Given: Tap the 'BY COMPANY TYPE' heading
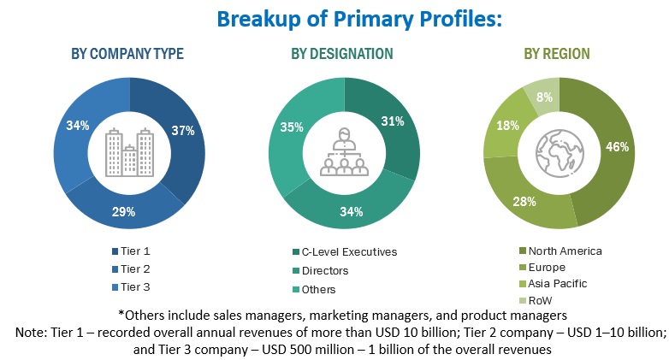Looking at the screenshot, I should [x=127, y=54].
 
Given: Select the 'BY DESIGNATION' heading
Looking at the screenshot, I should [x=342, y=54].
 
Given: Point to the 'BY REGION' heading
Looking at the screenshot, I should [x=557, y=54].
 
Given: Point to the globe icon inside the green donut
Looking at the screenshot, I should [x=558, y=152].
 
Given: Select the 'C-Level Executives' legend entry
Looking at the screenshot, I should [x=349, y=251].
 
